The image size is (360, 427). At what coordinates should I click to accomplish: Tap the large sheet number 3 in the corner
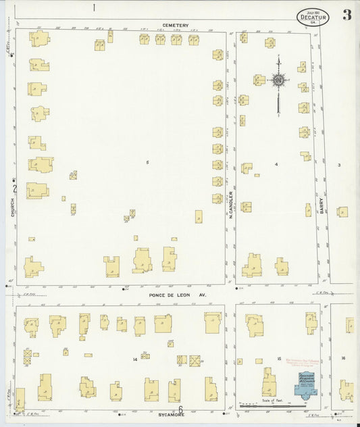346,15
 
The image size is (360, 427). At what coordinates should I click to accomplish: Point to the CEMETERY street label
175,26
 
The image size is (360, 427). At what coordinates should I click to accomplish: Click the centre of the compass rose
278,80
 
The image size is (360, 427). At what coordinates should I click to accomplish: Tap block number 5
147,162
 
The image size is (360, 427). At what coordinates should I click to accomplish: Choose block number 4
276,164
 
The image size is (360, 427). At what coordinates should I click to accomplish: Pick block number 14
134,359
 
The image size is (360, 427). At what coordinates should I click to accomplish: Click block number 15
278,357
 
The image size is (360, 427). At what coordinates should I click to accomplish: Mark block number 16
343,357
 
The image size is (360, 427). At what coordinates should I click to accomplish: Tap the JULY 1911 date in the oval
313,11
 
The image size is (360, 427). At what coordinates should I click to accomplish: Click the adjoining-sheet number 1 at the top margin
95,8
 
